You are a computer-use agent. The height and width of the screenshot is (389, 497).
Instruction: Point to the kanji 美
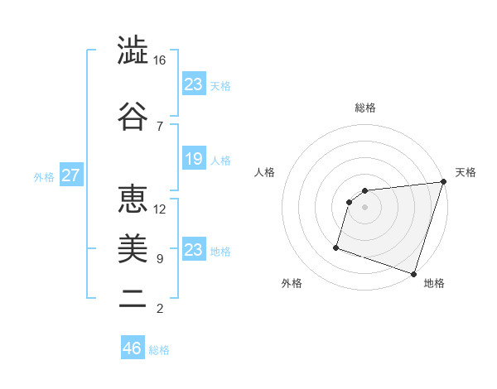click(x=133, y=247)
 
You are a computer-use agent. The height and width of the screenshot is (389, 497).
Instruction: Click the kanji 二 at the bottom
click(x=133, y=298)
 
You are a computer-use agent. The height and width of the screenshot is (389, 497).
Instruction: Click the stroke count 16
click(x=160, y=61)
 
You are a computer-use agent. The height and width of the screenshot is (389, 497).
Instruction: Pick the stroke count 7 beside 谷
click(x=160, y=126)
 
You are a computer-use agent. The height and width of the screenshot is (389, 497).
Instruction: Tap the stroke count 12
click(x=160, y=209)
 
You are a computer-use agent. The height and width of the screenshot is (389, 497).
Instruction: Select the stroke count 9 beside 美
click(x=160, y=259)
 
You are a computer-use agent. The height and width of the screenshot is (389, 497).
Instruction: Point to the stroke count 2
click(x=160, y=310)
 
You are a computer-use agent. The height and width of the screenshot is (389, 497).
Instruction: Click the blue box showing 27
click(x=71, y=176)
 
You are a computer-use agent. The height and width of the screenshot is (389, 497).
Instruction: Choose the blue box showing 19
click(x=193, y=159)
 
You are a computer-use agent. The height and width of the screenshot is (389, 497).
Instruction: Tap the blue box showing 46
click(x=133, y=348)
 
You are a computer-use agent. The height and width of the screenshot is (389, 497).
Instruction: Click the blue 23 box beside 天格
click(x=193, y=84)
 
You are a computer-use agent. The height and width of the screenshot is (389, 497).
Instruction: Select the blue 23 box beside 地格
click(x=193, y=250)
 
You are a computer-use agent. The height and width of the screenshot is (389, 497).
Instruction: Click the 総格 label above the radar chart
click(x=365, y=108)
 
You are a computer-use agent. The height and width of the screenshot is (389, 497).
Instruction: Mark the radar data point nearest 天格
click(x=443, y=183)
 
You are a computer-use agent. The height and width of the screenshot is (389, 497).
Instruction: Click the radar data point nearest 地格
click(x=413, y=273)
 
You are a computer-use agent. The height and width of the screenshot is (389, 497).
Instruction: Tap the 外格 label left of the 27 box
click(x=44, y=177)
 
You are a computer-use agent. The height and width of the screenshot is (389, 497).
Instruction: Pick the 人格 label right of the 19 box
click(x=220, y=160)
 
